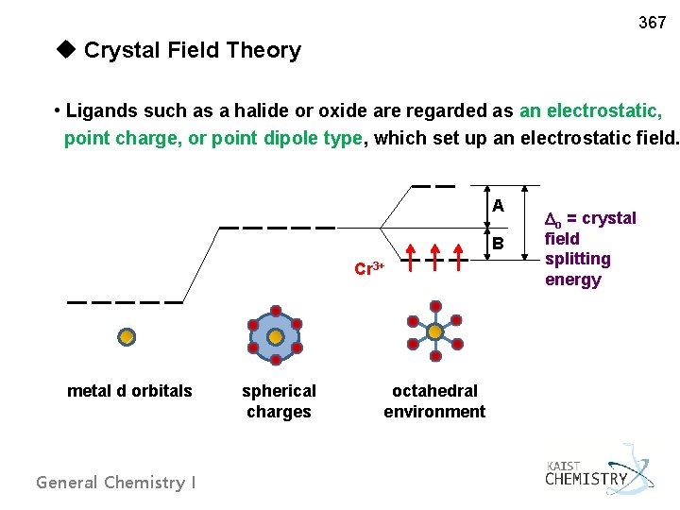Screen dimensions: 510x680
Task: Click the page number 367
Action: (652, 22)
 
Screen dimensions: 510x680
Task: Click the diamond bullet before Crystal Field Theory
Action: (65, 49)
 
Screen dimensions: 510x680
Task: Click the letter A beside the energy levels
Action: (498, 206)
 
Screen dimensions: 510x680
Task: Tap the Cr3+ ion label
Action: (368, 267)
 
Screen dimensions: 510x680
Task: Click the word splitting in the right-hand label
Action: (578, 259)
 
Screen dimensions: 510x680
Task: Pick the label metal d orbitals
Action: (129, 391)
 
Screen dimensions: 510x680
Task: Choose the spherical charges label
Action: (279, 400)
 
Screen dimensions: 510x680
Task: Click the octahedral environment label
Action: (434, 400)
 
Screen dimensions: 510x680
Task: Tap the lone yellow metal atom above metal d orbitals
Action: (126, 335)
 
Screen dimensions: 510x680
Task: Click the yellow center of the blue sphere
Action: (275, 336)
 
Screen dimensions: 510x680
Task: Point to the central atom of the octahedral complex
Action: (434, 332)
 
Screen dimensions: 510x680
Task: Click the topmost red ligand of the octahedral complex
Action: (434, 307)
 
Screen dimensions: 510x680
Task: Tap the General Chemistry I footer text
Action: (116, 483)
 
